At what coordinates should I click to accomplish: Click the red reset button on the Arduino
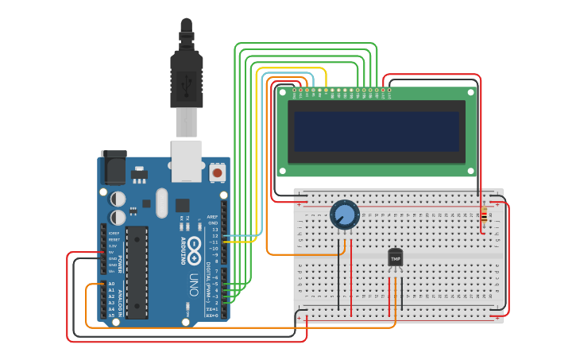coord(217,172)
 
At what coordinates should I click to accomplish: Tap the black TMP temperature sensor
coord(395,257)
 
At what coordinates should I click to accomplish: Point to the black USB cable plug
coord(187,75)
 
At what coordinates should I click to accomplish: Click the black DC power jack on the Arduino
coord(112,168)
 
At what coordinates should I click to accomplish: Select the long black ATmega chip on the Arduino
coord(137,271)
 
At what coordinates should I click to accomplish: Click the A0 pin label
coord(111,284)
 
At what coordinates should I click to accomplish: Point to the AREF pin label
coord(212,216)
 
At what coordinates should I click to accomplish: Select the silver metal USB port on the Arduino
coord(187,161)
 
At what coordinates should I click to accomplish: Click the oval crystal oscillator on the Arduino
coord(162,203)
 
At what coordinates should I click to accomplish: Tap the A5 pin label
coord(111,315)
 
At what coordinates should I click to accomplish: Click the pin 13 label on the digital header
coord(214,229)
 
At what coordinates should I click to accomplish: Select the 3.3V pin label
coord(113,246)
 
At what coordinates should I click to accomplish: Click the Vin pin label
coord(113,271)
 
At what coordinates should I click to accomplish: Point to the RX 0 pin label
coord(212,315)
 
